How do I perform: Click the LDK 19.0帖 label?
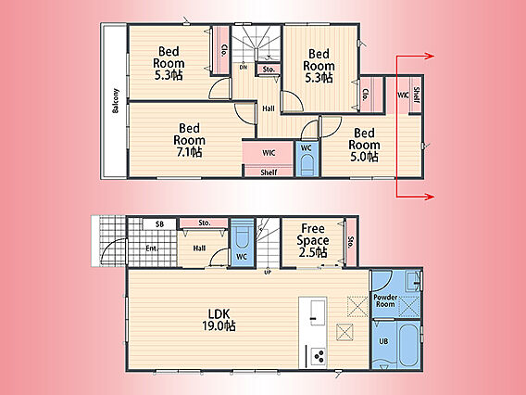point(219,320)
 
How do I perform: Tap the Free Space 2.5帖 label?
point(313,240)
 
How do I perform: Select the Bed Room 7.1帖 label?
point(189,140)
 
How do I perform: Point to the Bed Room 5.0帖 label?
point(364,145)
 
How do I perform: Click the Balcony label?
point(116,101)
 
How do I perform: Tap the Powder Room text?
point(385,300)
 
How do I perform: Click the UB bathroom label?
point(383,341)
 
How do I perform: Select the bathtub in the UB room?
point(408,345)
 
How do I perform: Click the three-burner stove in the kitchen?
point(319,356)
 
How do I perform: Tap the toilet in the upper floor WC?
point(307,165)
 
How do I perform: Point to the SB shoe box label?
point(159,224)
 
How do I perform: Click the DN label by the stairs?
point(244,67)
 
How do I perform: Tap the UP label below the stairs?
point(268,273)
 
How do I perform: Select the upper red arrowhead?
point(430,56)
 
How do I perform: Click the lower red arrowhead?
point(430,197)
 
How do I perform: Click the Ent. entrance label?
point(152,248)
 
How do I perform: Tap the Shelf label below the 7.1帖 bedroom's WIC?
point(269,172)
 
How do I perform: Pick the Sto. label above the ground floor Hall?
point(205,223)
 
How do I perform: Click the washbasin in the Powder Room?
point(413,282)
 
